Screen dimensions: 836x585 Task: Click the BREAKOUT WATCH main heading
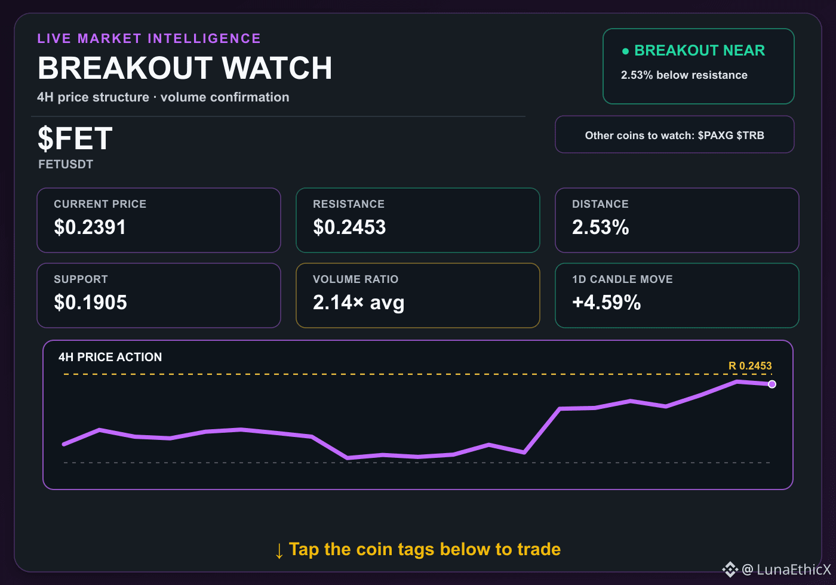185,68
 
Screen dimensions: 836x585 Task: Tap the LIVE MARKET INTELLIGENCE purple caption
149,38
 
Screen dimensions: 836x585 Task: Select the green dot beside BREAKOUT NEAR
626,51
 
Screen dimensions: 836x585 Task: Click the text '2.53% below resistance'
684,75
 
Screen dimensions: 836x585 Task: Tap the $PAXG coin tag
715,135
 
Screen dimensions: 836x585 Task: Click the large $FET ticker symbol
75,138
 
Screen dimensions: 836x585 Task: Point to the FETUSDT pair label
66,164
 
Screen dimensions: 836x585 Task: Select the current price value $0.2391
90,227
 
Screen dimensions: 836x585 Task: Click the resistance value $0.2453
349,227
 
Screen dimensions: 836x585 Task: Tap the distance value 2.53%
601,227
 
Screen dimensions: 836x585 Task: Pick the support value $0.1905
91,302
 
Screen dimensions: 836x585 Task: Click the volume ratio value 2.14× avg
359,303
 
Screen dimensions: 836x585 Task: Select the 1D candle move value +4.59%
607,302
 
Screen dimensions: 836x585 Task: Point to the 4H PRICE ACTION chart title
110,357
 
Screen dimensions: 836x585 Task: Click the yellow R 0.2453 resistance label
750,365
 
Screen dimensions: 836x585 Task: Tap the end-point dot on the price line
772,384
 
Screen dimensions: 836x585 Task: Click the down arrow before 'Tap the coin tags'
279,550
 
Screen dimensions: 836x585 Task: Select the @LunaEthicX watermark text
787,569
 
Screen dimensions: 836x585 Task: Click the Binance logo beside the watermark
730,569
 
